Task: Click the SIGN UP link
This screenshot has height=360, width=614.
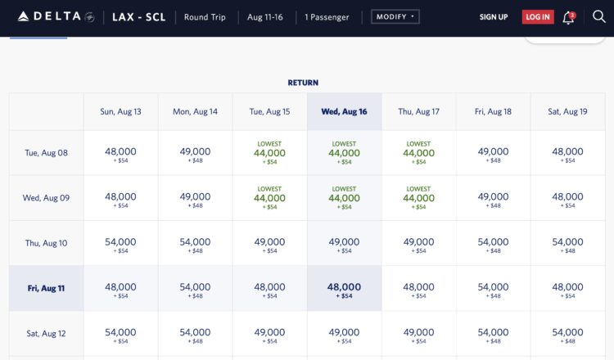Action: click(493, 17)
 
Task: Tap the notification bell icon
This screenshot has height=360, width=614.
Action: click(568, 17)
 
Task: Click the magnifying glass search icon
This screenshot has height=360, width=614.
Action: click(598, 17)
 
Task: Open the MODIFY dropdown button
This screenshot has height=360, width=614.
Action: click(395, 16)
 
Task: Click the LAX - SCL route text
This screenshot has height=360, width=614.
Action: click(139, 17)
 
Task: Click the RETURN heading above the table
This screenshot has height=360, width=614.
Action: click(303, 83)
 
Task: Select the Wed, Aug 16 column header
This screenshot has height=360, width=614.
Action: click(344, 111)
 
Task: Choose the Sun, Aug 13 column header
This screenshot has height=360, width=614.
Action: click(120, 111)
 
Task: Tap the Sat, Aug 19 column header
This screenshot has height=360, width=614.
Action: click(567, 111)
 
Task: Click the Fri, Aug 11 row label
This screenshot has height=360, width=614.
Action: click(46, 288)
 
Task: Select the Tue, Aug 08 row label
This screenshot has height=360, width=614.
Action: click(46, 153)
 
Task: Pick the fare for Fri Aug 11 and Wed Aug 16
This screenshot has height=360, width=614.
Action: click(344, 290)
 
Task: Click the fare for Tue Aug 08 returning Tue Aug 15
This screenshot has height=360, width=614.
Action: click(269, 153)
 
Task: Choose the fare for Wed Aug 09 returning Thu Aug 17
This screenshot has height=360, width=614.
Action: click(418, 198)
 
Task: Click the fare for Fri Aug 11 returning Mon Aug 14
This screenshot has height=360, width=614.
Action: click(195, 290)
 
